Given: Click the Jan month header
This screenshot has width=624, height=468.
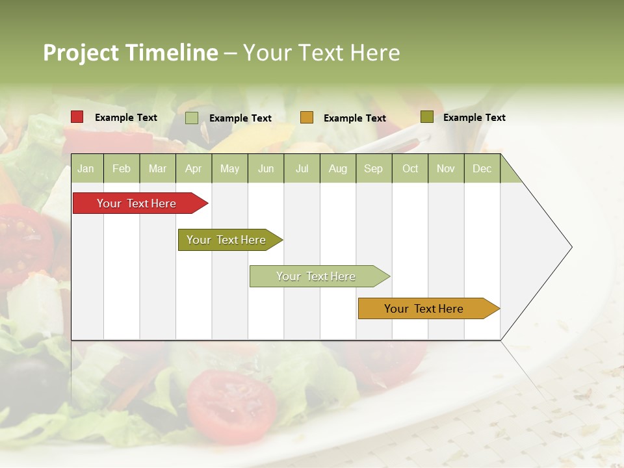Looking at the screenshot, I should [x=86, y=168].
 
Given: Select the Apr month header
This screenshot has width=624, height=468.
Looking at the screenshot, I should [x=193, y=168].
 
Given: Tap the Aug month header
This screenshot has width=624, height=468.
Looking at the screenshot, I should [x=337, y=168].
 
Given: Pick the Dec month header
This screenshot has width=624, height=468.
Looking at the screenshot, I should [x=482, y=168].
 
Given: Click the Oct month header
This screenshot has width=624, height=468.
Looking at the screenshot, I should [x=409, y=168].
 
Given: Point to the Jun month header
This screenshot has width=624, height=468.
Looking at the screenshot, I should [x=265, y=168].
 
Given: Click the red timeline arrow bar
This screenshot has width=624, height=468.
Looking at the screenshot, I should [x=136, y=203].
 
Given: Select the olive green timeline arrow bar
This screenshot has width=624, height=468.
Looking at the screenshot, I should [x=226, y=240].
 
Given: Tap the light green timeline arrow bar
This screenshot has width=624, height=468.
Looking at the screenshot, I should [x=316, y=276].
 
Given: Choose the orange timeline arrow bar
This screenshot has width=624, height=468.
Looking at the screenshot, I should [x=424, y=309].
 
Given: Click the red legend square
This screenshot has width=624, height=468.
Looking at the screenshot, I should [x=77, y=117].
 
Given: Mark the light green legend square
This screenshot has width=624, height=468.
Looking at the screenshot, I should [x=191, y=118].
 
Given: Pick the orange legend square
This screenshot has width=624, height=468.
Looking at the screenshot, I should [x=306, y=117].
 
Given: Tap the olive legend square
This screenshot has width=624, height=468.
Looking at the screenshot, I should [x=426, y=117].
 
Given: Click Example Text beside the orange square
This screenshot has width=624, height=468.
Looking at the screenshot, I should [x=354, y=118].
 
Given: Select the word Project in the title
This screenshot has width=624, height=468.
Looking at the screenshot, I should [x=81, y=53].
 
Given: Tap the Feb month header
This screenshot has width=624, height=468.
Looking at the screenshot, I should [x=122, y=168].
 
